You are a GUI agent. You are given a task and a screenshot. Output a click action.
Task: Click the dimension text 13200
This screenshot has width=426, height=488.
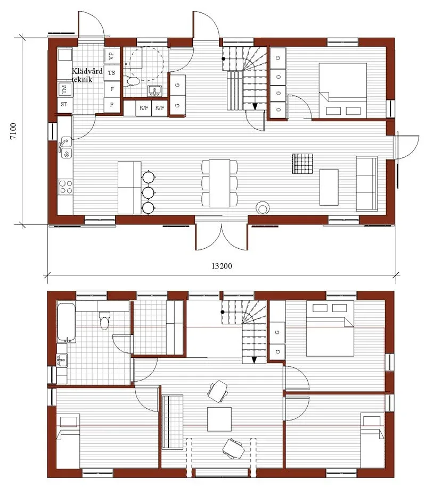pos(219,266)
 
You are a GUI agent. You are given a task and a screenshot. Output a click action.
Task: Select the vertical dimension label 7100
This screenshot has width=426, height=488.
pos(14,130)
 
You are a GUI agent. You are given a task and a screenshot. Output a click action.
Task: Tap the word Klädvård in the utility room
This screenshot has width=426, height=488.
pos(87,71)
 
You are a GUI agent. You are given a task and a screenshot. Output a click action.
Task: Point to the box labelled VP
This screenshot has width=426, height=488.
pos(111,55)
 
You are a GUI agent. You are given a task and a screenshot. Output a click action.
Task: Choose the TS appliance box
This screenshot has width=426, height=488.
pos(111,72)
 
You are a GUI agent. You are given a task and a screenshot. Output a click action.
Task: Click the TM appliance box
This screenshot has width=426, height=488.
pos(64,89)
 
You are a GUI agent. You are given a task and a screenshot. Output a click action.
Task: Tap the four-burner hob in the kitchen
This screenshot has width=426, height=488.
pos(65,187)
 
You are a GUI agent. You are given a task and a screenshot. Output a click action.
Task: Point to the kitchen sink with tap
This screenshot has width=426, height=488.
pos(65,148)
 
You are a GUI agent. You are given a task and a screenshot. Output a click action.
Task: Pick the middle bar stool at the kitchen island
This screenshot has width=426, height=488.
pos(148,191)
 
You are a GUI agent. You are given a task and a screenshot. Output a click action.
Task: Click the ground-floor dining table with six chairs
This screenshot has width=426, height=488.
pos(219,183)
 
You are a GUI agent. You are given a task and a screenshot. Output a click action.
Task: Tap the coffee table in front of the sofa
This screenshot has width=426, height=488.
pos(329,187)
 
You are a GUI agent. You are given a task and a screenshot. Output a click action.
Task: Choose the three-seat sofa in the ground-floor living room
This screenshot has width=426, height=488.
pos(366,183)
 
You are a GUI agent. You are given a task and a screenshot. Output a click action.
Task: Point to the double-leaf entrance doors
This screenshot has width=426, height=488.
pos(222,236)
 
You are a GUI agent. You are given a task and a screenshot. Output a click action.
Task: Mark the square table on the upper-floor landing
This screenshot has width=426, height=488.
pos(219,419)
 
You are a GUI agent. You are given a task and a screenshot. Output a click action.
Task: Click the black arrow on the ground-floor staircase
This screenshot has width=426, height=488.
pos(255,106)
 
